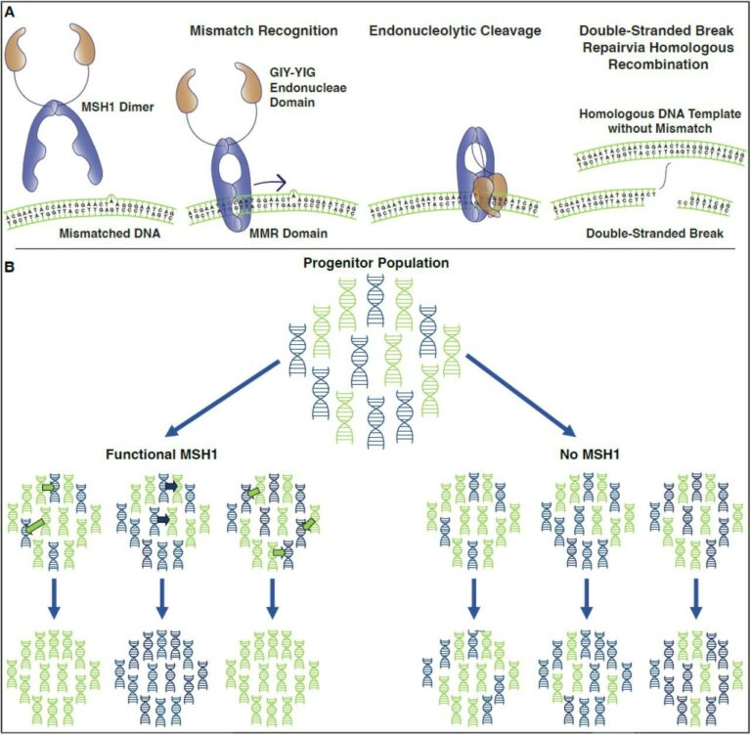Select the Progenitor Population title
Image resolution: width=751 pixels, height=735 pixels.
(375, 263)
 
